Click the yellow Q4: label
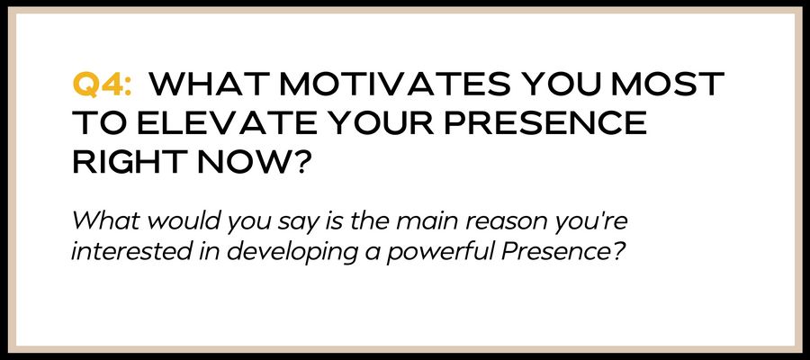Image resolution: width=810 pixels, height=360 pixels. (102, 85)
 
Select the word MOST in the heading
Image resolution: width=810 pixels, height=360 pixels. (667, 85)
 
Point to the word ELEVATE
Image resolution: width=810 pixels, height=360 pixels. (208, 122)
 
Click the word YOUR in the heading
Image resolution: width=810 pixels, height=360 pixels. (359, 122)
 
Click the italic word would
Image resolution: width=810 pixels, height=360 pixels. (184, 221)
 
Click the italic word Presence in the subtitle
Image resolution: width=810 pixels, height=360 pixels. (554, 251)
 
